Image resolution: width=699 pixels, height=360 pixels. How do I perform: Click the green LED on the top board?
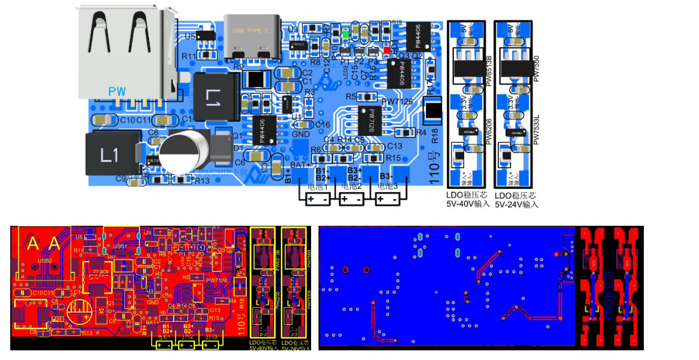tap(346, 34)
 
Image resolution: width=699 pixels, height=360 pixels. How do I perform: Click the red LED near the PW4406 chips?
tap(387, 51)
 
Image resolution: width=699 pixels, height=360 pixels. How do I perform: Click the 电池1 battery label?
tap(318, 187)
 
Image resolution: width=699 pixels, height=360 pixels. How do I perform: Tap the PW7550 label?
tap(536, 67)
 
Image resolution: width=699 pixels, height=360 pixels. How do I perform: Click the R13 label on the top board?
tap(202, 181)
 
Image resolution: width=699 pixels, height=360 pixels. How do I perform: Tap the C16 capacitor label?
tap(323, 125)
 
